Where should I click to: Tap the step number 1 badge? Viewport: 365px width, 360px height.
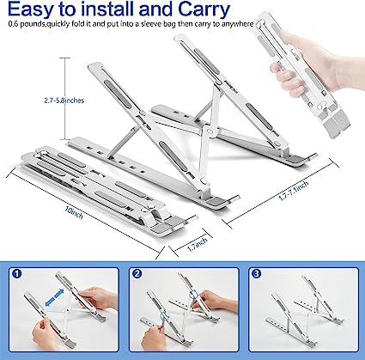[18, 275]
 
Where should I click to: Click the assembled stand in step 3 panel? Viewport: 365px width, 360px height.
[305, 314]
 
